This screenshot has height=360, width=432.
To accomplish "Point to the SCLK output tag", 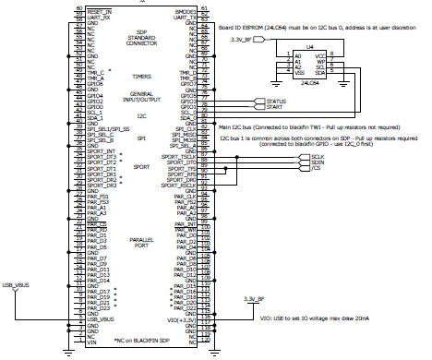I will point(305,158).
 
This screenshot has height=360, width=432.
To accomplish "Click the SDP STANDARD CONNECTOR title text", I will point(138,38).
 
